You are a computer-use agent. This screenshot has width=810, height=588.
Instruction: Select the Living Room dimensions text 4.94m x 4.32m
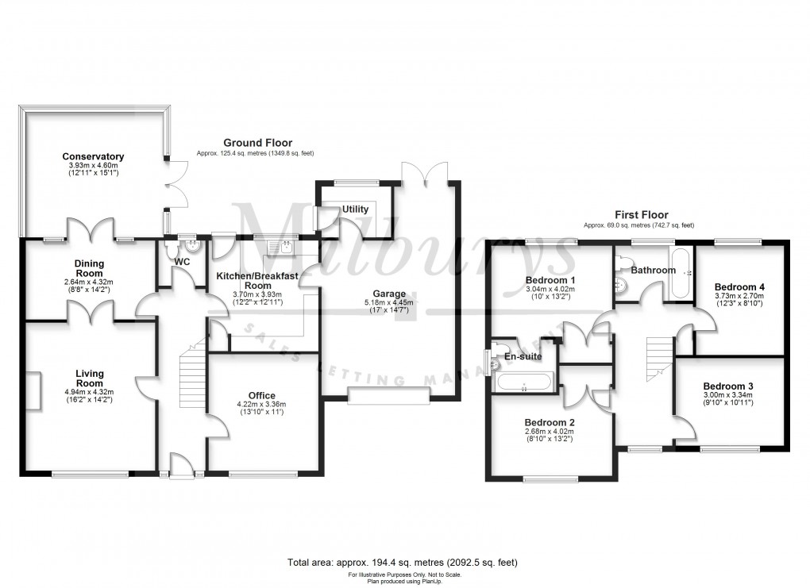coord(90,391)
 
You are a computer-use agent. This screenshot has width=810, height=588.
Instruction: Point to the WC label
coord(182,261)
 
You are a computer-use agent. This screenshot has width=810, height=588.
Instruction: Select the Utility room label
coord(355,209)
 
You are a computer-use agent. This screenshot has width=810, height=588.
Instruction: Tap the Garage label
coord(390,293)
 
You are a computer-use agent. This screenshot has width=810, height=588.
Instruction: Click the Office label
coord(261,395)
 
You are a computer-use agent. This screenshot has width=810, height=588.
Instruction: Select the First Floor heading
coord(642,214)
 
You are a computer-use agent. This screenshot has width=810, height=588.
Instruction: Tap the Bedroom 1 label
coord(550,280)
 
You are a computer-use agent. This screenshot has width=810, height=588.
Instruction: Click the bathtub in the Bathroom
coord(681,274)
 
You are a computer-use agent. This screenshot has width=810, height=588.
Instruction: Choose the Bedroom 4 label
coord(739,286)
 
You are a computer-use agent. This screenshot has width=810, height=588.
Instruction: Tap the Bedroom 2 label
coord(549,421)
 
